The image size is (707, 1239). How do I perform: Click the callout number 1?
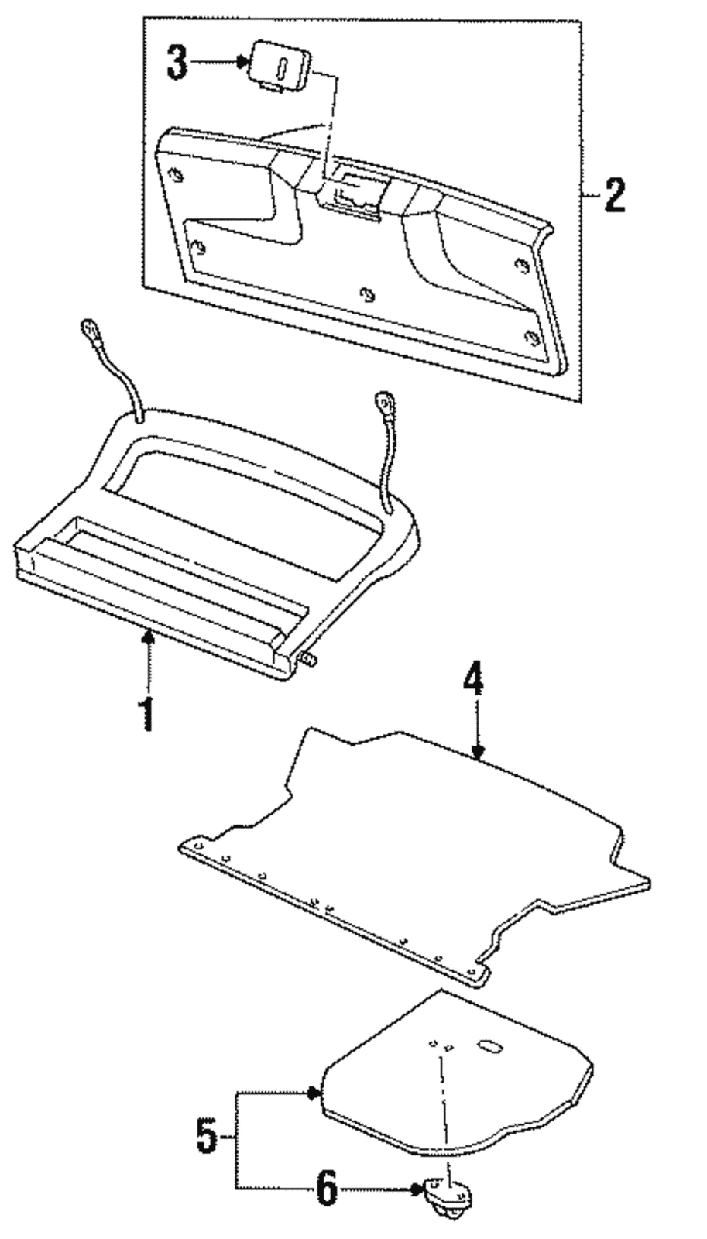click(146, 713)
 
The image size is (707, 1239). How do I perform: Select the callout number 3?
click(177, 63)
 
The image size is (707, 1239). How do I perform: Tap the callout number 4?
click(473, 681)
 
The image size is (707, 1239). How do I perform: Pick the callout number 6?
click(326, 1188)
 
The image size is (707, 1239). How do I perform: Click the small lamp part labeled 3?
click(280, 64)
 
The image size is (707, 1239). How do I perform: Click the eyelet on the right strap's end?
click(382, 400)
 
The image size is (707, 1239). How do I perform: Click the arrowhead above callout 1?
click(149, 637)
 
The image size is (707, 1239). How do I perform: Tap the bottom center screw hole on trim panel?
click(367, 294)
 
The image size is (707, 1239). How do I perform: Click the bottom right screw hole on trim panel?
click(531, 337)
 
